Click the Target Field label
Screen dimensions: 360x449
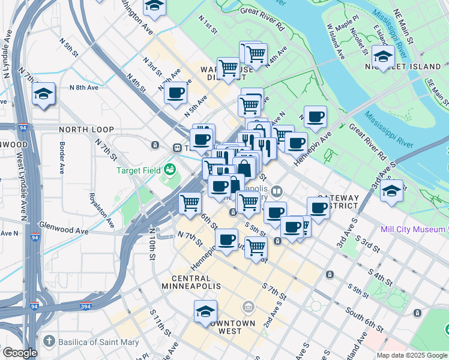[139, 170]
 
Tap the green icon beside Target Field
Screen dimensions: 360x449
[170, 170]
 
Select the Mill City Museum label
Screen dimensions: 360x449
[414, 229]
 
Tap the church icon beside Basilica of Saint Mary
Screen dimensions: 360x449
[50, 343]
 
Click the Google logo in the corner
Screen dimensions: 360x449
[20, 353]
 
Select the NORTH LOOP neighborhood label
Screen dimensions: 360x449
[86, 130]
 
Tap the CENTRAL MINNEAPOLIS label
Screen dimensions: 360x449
[191, 282]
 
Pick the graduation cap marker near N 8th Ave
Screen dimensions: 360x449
[44, 94]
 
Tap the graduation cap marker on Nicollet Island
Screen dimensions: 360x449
[382, 56]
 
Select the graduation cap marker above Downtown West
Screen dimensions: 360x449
[205, 311]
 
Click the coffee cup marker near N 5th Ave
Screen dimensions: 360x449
[175, 93]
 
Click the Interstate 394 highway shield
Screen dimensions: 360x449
[86, 306]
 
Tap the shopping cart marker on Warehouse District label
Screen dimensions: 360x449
[228, 68]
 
